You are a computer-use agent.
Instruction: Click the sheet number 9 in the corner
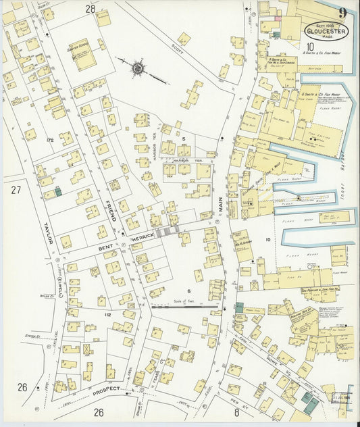point(343,12)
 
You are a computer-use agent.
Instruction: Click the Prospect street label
point(105,390)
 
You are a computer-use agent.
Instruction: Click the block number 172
point(49,140)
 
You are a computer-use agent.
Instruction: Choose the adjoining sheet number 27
point(16,190)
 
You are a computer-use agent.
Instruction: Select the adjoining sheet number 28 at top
point(90,9)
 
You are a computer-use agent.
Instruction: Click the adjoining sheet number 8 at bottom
point(236,411)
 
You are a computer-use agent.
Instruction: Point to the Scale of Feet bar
point(189,306)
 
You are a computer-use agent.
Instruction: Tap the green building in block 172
point(58,192)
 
